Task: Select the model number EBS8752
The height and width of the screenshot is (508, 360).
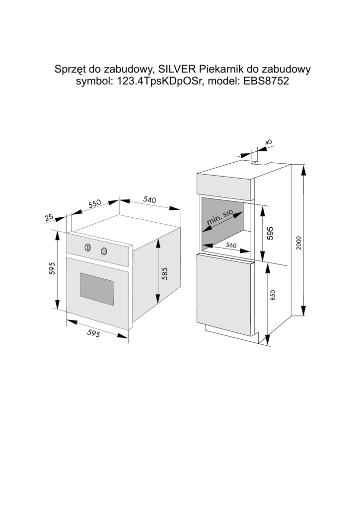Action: [x=266, y=82]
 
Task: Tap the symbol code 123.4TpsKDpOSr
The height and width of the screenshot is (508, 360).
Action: [x=157, y=82]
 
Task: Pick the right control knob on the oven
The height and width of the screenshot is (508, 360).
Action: [x=104, y=251]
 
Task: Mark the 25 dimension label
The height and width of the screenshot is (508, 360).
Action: [x=49, y=217]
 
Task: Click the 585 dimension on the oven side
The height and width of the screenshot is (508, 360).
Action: [x=165, y=274]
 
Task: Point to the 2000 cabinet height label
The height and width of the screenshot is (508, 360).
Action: [x=298, y=242]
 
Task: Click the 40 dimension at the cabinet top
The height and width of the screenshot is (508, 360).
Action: [x=269, y=142]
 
